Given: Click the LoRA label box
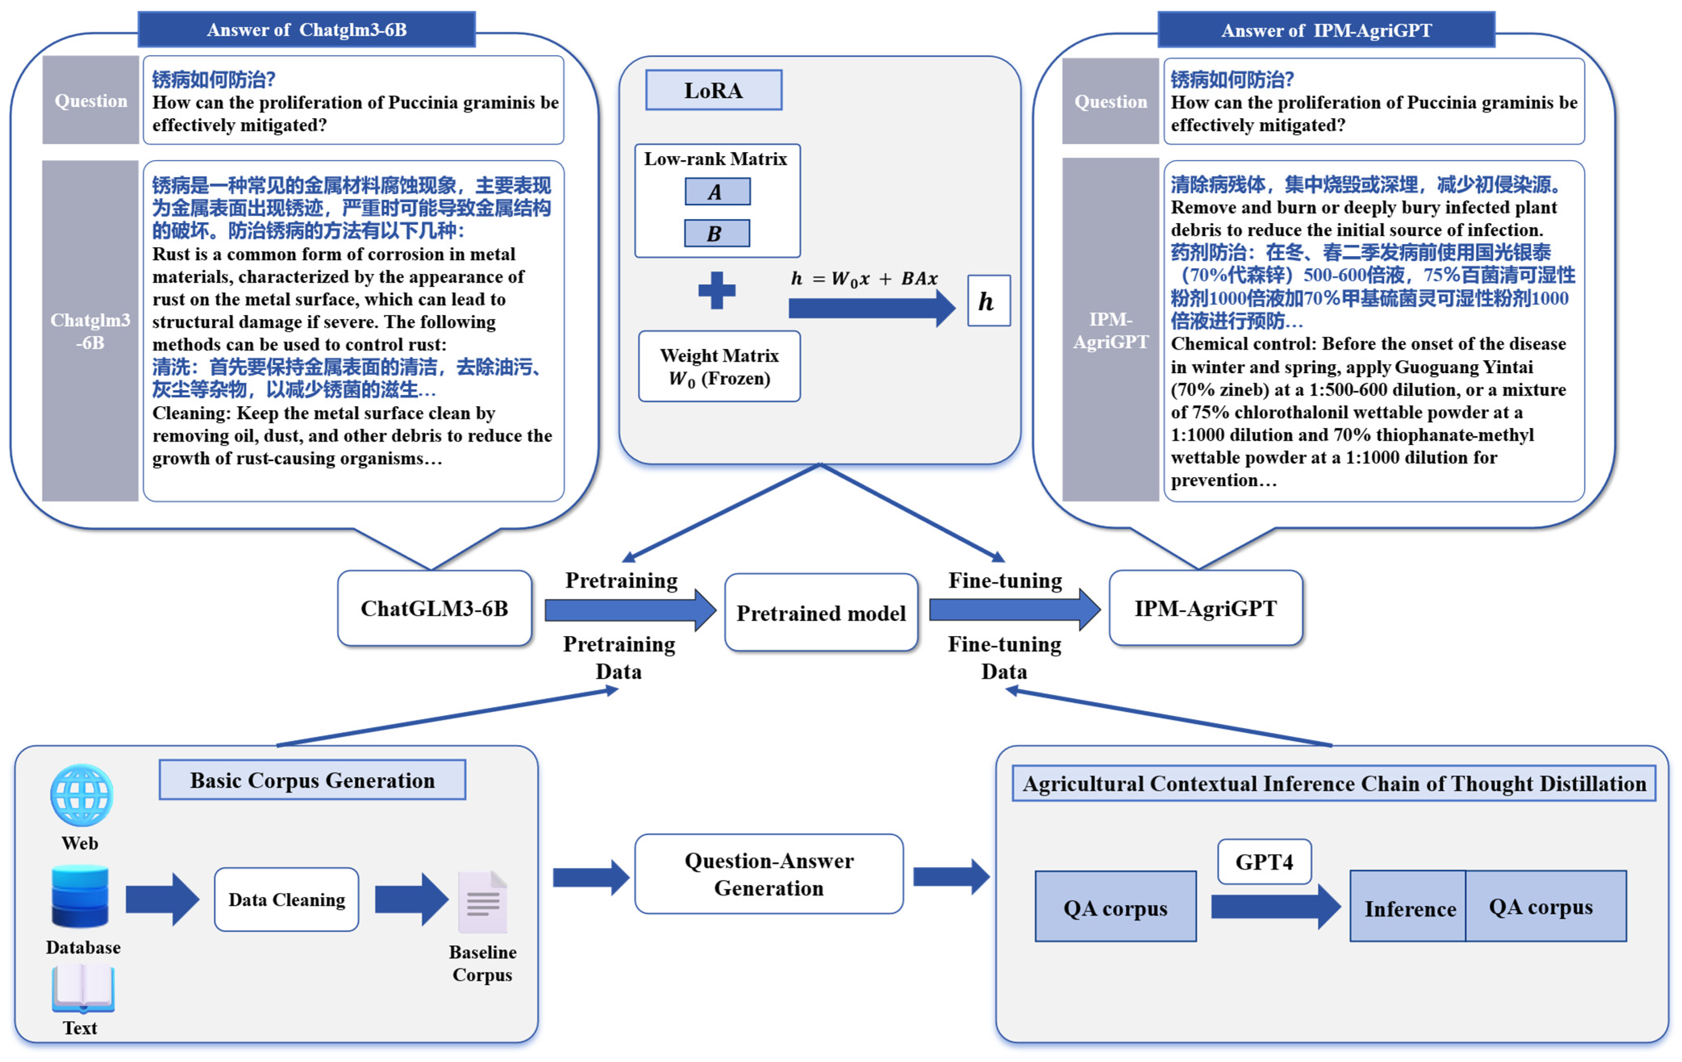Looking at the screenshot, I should click(x=713, y=90).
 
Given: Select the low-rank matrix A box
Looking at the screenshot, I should click(x=717, y=192).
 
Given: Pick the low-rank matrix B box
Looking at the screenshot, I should click(x=717, y=234).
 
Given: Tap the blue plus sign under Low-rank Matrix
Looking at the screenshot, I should click(x=717, y=290).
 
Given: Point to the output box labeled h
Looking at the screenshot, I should click(x=988, y=301).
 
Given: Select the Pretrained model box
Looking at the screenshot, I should click(x=821, y=613).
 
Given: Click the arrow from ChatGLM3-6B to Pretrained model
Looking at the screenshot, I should click(x=629, y=610).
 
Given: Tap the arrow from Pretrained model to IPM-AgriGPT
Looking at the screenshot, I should click(x=1013, y=610).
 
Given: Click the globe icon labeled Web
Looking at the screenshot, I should click(x=82, y=796).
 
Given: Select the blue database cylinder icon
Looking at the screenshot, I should click(x=80, y=896).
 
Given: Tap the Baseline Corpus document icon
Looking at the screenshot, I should click(x=483, y=903).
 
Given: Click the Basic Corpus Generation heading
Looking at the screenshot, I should click(x=312, y=780).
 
